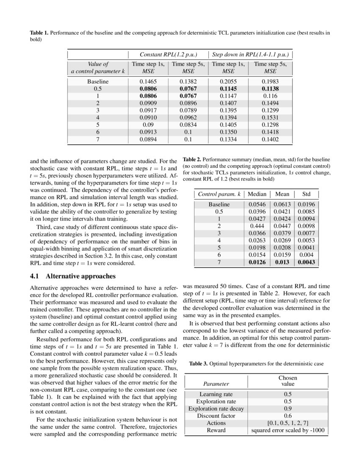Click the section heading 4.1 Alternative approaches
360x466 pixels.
tap(72, 276)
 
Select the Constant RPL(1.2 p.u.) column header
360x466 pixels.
tap(168, 55)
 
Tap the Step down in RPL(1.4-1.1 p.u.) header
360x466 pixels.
tap(250, 55)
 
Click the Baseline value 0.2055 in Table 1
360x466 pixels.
tap(229, 81)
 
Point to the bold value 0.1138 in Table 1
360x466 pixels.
tap(270, 89)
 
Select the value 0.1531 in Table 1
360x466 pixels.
tap(270, 118)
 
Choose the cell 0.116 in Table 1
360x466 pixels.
tap(270, 96)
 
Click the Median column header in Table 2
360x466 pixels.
tap(257, 194)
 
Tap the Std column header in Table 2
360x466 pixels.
tap(306, 194)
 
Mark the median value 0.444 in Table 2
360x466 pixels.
tap(257, 226)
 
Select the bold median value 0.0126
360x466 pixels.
tap(257, 262)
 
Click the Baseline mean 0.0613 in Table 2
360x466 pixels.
tap(282, 205)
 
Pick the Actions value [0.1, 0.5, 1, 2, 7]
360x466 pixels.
tap(288, 423)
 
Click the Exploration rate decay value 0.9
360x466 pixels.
tap(288, 408)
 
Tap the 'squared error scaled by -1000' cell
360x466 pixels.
tap(288, 430)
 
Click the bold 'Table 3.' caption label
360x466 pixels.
tap(198, 363)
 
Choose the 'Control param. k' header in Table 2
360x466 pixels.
tap(219, 194)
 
